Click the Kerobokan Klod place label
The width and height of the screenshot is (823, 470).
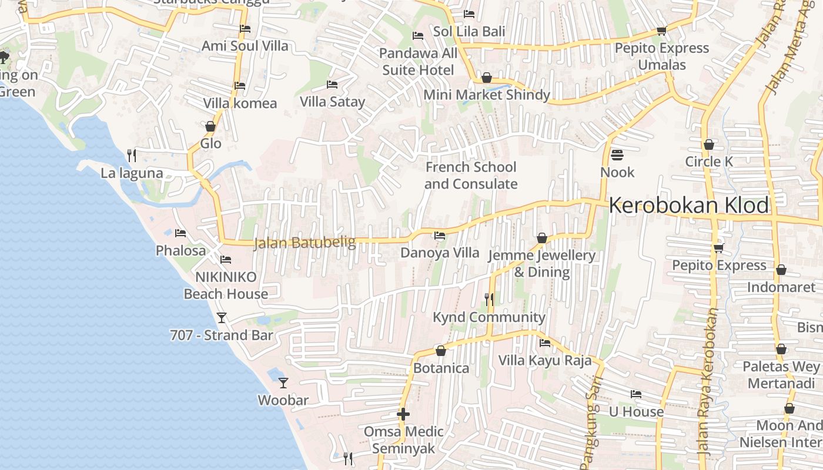[x=688, y=206]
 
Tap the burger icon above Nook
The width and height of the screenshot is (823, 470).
[x=617, y=155]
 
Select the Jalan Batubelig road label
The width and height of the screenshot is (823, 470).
[x=305, y=243]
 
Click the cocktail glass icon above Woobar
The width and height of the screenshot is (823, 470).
[x=283, y=382]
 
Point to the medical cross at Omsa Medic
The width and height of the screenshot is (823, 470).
[x=403, y=414]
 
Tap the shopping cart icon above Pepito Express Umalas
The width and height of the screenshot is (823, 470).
[x=661, y=31]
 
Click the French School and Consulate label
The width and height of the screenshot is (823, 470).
[x=471, y=175]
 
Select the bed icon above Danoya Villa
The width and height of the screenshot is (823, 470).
[x=439, y=236]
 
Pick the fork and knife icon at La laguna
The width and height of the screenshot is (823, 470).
[x=132, y=156]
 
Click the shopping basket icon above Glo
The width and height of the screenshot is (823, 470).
[x=210, y=126]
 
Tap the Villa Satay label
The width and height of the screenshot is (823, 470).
[x=332, y=102]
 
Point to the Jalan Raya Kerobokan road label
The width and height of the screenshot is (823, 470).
[x=708, y=382]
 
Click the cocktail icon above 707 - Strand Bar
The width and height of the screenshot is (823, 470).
[x=222, y=318]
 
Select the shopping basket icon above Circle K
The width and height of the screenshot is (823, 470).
[x=709, y=145]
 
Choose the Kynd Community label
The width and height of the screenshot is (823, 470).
[x=489, y=317]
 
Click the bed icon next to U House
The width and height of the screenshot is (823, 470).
[x=635, y=394]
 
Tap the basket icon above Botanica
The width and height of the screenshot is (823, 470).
[x=441, y=351]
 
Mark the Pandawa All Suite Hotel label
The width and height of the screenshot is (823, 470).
[x=418, y=62]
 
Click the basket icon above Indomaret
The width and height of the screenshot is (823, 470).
[x=781, y=270]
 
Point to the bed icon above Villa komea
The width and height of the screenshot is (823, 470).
[x=239, y=86]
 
